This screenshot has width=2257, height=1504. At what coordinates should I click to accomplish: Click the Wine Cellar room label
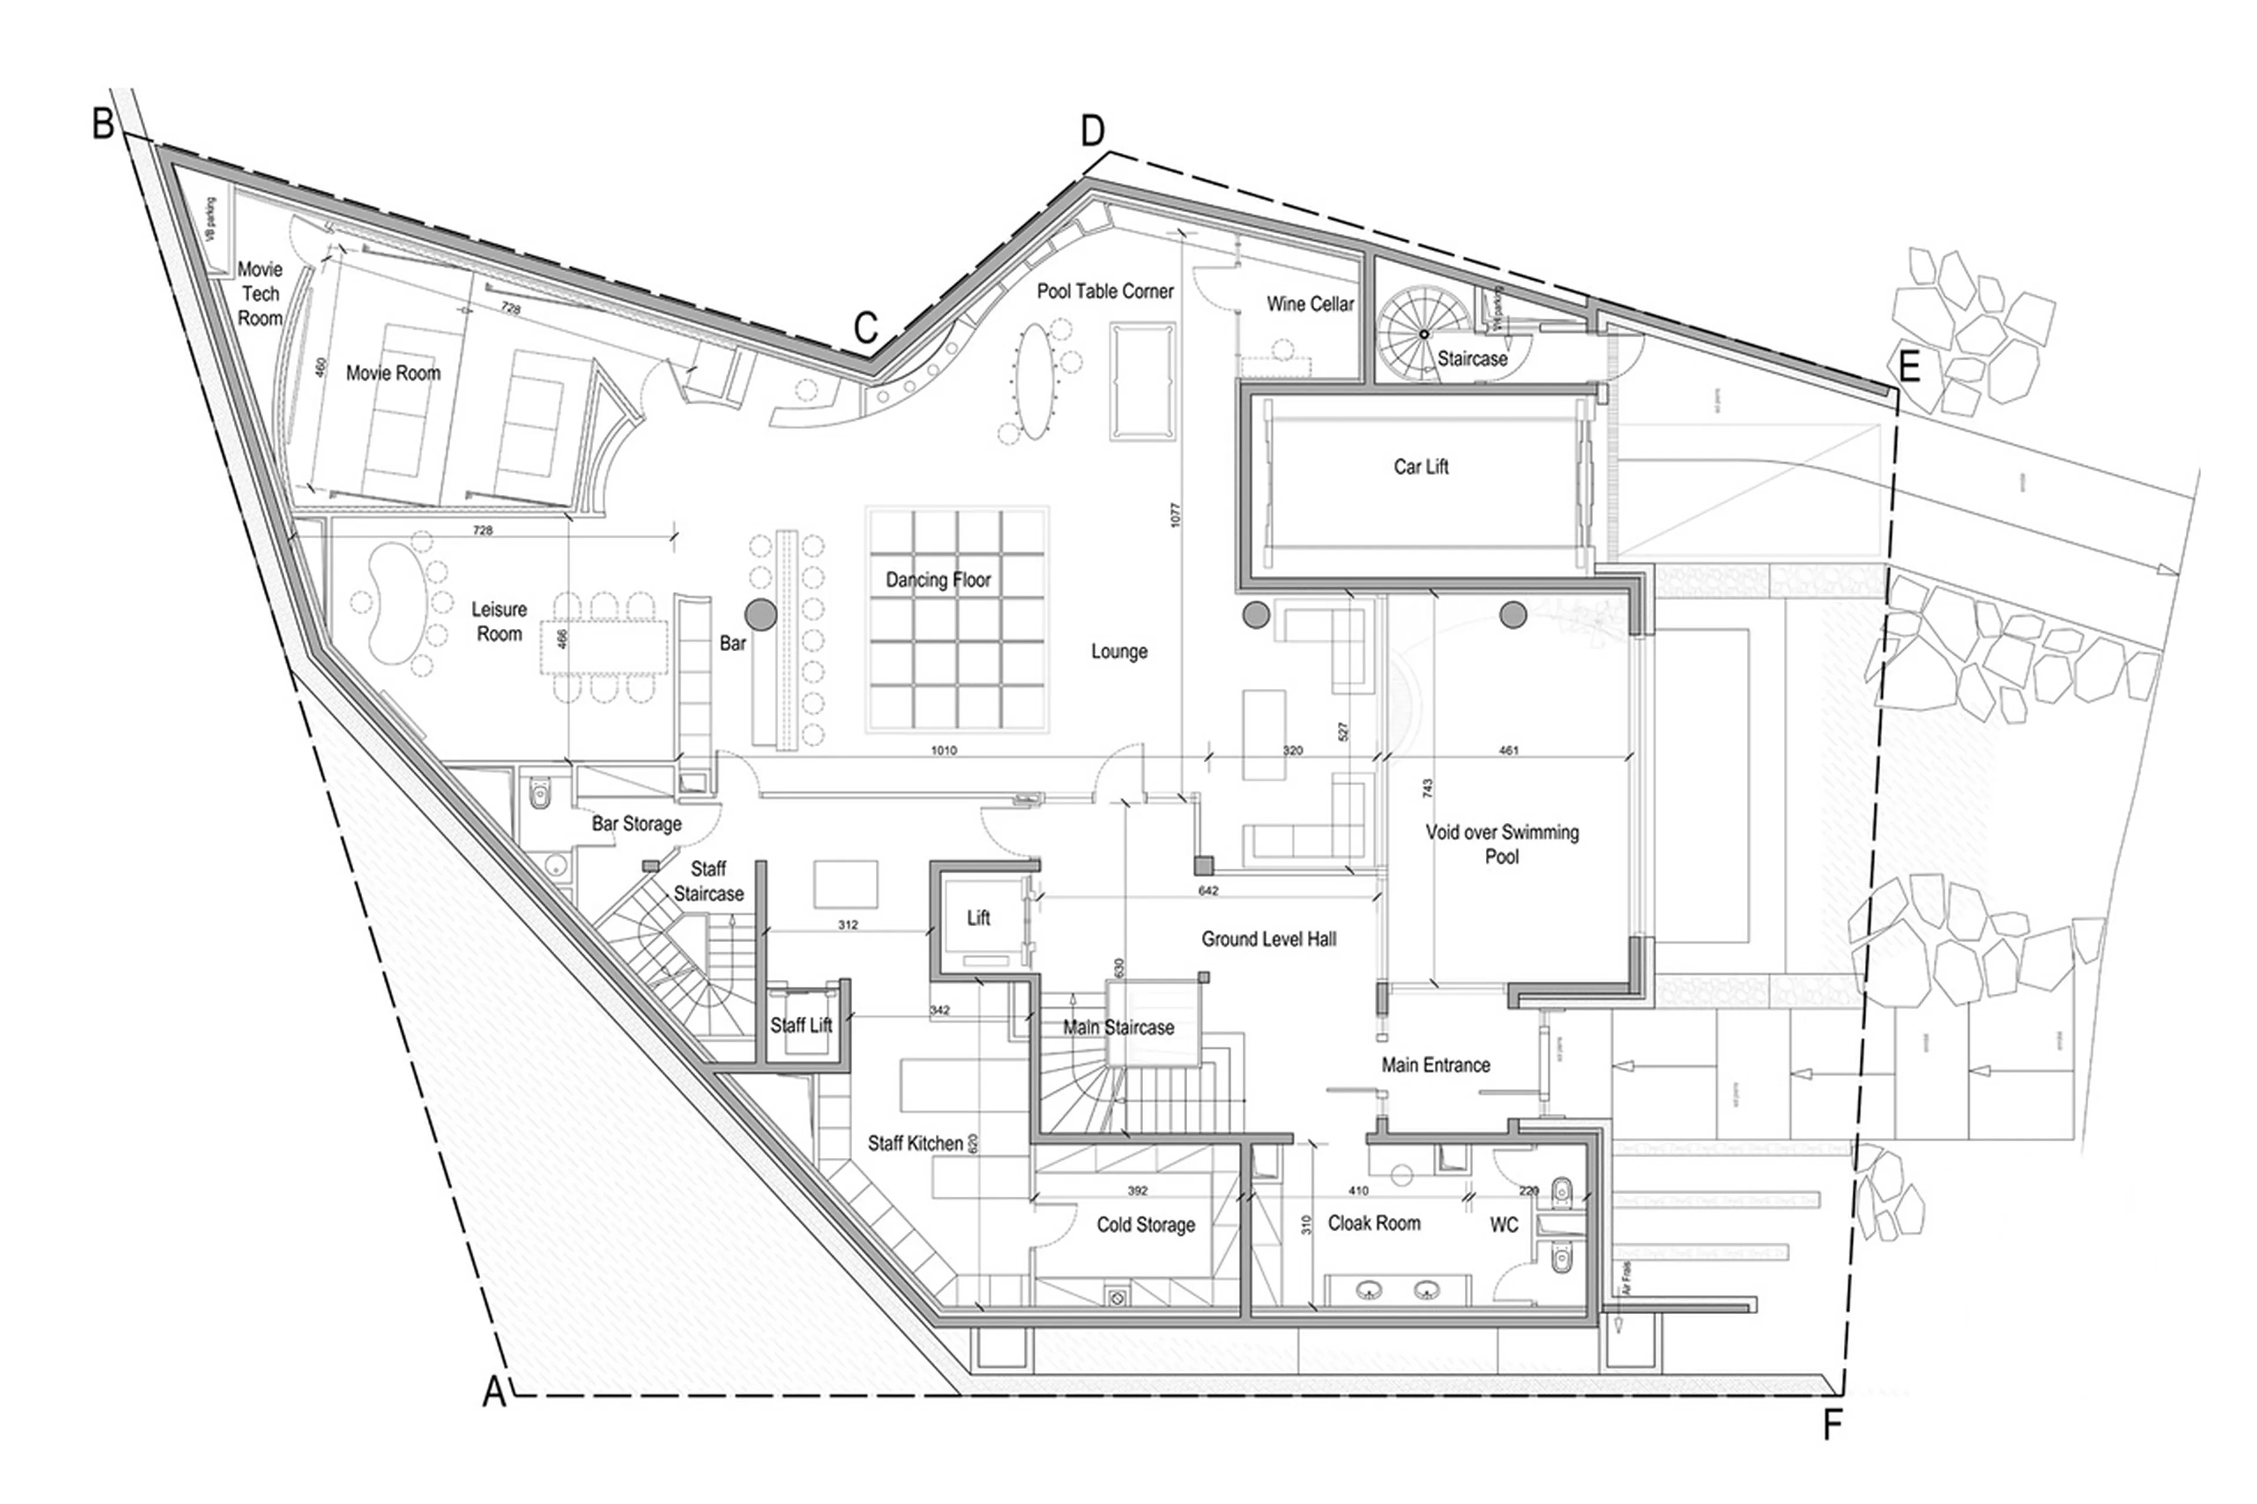point(1310,304)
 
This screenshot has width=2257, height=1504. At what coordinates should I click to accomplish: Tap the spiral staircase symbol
point(1424,334)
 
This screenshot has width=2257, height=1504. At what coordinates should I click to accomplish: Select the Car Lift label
point(1421,467)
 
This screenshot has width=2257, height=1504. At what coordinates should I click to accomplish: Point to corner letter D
point(1093,132)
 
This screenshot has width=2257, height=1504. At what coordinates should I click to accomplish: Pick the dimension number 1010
point(943,750)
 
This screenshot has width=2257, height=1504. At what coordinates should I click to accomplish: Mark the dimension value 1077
point(1176,514)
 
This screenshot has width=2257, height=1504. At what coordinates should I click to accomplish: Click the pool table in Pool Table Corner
point(1143,381)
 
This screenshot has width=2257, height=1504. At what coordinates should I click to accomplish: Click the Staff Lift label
point(801,1026)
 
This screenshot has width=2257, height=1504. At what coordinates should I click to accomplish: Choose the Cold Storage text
point(1146,1225)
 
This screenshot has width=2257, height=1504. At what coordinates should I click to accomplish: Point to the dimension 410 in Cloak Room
point(1358,1190)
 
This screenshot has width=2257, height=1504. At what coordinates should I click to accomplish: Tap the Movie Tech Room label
point(260,293)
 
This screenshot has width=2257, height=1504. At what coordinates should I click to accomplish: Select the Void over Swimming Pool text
point(1502,844)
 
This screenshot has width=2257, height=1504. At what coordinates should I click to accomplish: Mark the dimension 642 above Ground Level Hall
point(1208,891)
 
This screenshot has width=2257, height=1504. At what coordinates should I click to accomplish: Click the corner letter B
point(103,124)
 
